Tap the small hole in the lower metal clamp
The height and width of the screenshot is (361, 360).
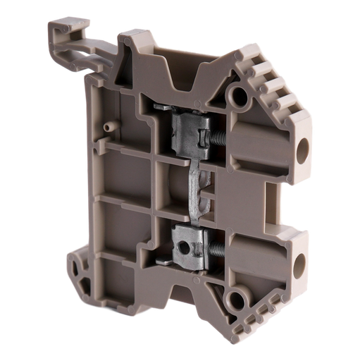point(187,247)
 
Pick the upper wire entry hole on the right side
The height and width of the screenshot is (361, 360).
point(304,147)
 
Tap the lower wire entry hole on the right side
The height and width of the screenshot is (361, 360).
point(301,263)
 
